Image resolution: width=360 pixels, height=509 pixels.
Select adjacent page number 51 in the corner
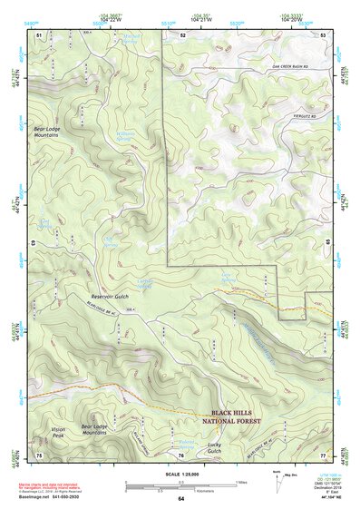(39, 34)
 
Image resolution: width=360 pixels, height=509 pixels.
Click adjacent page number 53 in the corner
(323, 34)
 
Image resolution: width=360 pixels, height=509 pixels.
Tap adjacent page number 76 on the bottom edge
(181, 455)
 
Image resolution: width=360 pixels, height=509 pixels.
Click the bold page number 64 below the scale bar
(180, 498)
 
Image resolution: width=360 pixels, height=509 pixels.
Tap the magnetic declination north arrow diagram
(277, 480)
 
